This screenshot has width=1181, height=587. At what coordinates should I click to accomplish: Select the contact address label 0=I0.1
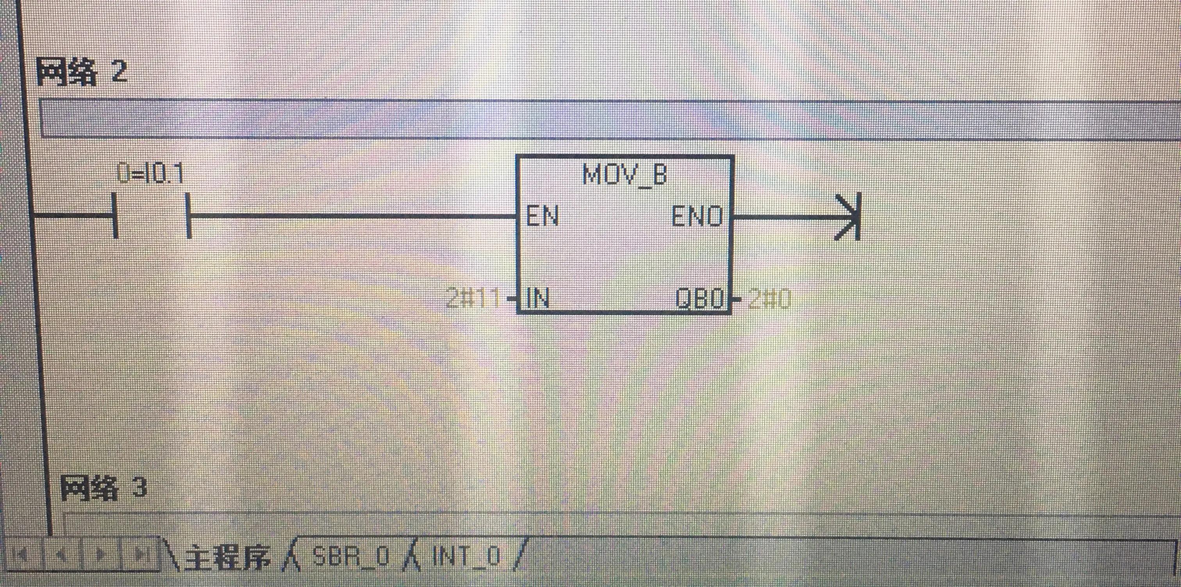tap(150, 174)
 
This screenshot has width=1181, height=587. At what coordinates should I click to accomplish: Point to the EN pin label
tap(542, 216)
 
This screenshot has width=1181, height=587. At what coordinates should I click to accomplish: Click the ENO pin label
tap(697, 216)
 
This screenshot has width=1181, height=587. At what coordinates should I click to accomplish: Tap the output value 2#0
tap(769, 299)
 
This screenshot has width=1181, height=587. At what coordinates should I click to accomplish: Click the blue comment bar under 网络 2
tap(596, 118)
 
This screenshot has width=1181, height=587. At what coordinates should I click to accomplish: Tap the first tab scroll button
tap(21, 555)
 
